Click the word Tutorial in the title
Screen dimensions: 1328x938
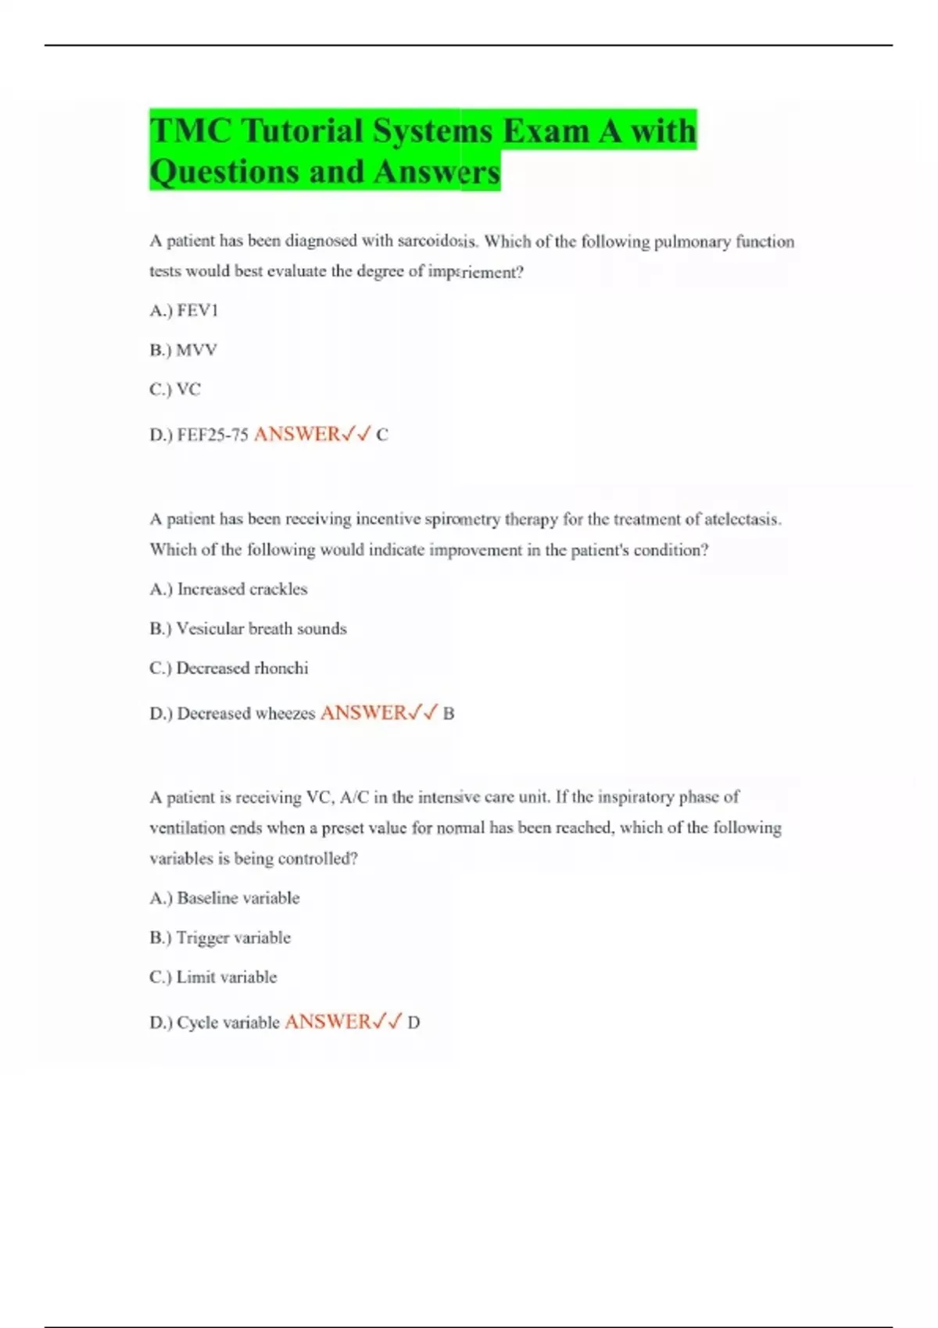[x=303, y=130]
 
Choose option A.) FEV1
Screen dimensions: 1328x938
[x=184, y=311]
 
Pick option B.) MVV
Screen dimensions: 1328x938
[x=184, y=350]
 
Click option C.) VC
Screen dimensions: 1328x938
[x=175, y=389]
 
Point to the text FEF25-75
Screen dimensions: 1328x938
[x=213, y=435]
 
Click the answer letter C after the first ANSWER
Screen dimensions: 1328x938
[x=382, y=435]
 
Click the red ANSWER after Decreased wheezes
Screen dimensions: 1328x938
[x=364, y=713]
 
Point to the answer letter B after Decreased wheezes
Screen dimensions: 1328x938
[x=449, y=713]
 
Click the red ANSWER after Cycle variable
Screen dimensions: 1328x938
[x=328, y=1022]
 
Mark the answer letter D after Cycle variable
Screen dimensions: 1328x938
[x=414, y=1023]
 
